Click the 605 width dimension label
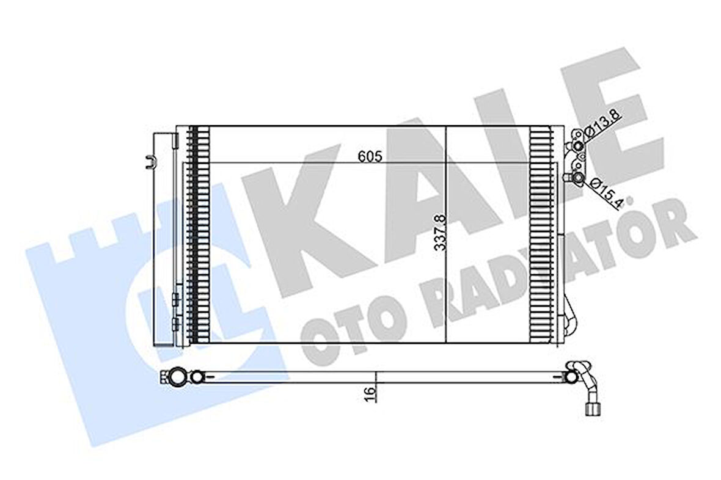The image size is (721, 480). pyautogui.click(x=370, y=156)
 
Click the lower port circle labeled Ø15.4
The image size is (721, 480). pyautogui.click(x=577, y=177)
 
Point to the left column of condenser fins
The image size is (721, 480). pyautogui.click(x=199, y=235)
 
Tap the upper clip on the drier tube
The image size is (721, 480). pyautogui.click(x=176, y=300)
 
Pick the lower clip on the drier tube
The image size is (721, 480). pyautogui.click(x=176, y=322)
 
